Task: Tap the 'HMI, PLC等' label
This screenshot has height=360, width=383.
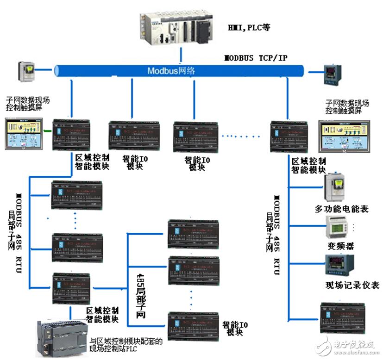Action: (x=248, y=28)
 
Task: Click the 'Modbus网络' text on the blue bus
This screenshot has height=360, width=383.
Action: (x=171, y=71)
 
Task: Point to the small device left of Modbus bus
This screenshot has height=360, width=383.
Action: (x=26, y=70)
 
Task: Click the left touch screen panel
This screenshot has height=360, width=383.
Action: (x=24, y=133)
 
